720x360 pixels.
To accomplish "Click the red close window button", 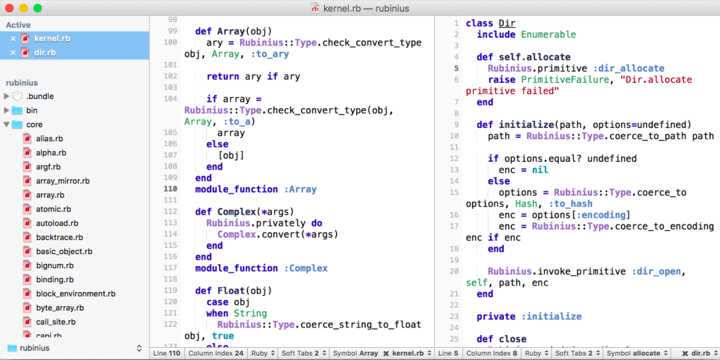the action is (x=9, y=8).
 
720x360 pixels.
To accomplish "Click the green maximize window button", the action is (x=38, y=8).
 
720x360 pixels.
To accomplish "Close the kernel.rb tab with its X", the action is (x=13, y=38).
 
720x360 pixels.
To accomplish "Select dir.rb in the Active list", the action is (x=45, y=52).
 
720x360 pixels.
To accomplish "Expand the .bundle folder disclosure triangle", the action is (x=7, y=96).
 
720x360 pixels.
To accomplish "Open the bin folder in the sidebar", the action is (x=32, y=110).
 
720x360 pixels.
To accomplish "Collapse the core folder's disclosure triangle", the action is (x=7, y=124).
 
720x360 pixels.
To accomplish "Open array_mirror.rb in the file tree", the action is (x=63, y=181).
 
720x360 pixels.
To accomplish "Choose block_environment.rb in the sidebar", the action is (x=76, y=294).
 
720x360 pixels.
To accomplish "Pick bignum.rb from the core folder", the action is (x=54, y=266).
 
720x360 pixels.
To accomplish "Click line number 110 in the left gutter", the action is (x=171, y=189).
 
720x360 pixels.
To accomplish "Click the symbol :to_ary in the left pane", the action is (x=269, y=54).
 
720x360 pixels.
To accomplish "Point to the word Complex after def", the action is (x=237, y=212).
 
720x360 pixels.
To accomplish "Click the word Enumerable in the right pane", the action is (x=548, y=34).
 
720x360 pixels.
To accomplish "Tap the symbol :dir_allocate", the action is (x=629, y=68).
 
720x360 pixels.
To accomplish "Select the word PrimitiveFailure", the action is (x=565, y=79).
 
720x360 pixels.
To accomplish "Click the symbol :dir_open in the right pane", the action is (x=656, y=271).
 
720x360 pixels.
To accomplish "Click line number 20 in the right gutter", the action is (x=454, y=271).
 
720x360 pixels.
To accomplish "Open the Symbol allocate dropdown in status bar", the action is (x=637, y=353).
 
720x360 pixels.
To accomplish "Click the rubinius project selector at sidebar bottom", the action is (x=74, y=348).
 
